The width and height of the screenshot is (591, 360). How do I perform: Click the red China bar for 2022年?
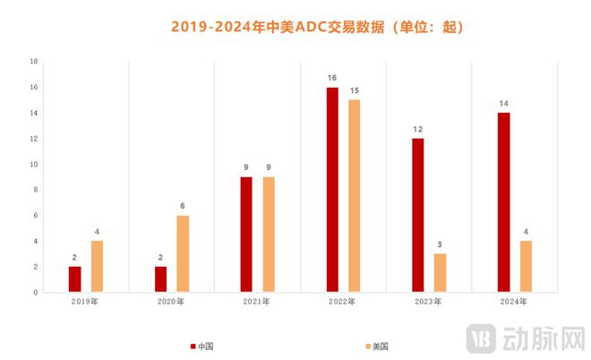332,190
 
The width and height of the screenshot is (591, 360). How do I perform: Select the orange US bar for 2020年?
183,253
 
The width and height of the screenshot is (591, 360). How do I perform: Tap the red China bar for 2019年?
75,279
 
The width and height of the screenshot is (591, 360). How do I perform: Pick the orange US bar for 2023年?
440,272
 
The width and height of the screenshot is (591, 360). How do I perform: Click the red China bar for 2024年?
504,202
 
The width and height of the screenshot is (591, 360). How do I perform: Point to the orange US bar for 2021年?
269,235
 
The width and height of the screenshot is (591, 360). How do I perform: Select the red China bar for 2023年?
418,215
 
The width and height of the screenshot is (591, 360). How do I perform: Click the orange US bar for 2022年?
355,196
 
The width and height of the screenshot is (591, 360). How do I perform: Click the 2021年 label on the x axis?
257,302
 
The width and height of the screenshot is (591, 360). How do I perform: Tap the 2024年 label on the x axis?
514,302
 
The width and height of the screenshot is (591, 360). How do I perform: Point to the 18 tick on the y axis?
33,62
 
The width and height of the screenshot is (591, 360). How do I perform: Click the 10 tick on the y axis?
33,165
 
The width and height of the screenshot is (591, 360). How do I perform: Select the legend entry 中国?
202,346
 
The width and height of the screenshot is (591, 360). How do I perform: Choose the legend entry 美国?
377,346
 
